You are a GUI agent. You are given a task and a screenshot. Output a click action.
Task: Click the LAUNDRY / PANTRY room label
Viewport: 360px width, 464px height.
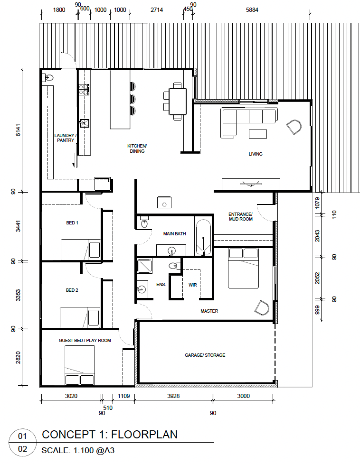65,138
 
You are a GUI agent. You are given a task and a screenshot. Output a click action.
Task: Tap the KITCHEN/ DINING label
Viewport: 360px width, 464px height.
137,148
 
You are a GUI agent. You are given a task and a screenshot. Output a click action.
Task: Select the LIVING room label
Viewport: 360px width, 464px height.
256,154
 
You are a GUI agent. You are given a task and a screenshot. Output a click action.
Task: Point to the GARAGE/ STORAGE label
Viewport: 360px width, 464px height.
205,355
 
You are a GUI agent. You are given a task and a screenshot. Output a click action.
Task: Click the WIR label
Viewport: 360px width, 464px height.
193,285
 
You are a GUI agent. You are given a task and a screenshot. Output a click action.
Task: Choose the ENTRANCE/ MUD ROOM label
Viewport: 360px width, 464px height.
240,217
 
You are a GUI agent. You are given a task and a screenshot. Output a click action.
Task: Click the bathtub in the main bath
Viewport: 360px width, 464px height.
203,237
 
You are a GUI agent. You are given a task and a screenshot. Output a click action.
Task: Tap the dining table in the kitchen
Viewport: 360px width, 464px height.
178,102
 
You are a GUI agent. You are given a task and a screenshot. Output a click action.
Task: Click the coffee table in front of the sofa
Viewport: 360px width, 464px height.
258,134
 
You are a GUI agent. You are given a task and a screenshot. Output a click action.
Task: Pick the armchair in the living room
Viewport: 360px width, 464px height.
294,127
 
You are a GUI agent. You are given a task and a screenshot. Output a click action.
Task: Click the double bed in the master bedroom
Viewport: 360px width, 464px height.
243,268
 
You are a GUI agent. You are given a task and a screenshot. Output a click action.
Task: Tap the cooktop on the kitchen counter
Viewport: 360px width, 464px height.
84,89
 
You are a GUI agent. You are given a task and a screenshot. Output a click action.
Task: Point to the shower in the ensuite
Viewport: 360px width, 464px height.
144,266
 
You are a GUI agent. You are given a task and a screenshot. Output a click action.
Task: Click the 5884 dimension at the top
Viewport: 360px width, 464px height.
252,10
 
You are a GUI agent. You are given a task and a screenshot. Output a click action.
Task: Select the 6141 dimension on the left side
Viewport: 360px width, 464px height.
19,130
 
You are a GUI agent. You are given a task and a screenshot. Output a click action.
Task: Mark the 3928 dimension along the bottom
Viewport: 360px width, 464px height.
173,396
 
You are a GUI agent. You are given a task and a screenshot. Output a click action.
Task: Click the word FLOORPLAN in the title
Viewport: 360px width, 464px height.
144,435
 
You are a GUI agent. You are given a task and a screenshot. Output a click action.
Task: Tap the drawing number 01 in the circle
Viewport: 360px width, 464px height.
22,436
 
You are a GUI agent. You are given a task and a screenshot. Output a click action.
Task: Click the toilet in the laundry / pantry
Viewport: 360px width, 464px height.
47,78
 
